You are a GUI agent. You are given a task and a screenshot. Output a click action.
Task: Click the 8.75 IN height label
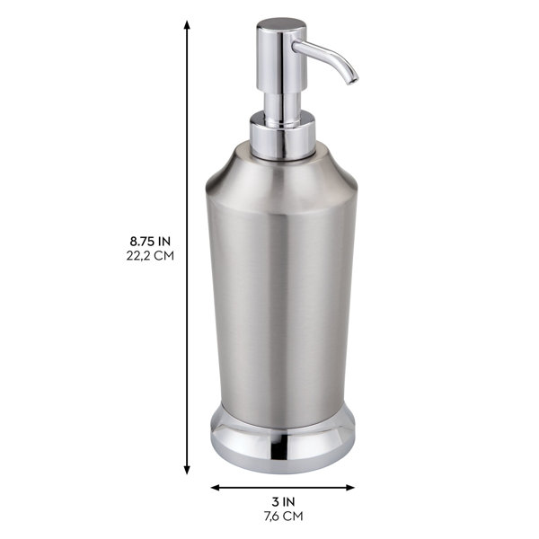pyautogui.click(x=151, y=241)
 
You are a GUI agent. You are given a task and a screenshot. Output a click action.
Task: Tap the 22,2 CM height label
pyautogui.click(x=151, y=255)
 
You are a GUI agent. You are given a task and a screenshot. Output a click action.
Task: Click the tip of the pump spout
pyautogui.click(x=352, y=79)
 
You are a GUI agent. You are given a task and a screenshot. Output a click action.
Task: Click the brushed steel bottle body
pyautogui.click(x=282, y=296)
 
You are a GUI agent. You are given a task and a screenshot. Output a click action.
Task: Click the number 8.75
pyautogui.click(x=142, y=241)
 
